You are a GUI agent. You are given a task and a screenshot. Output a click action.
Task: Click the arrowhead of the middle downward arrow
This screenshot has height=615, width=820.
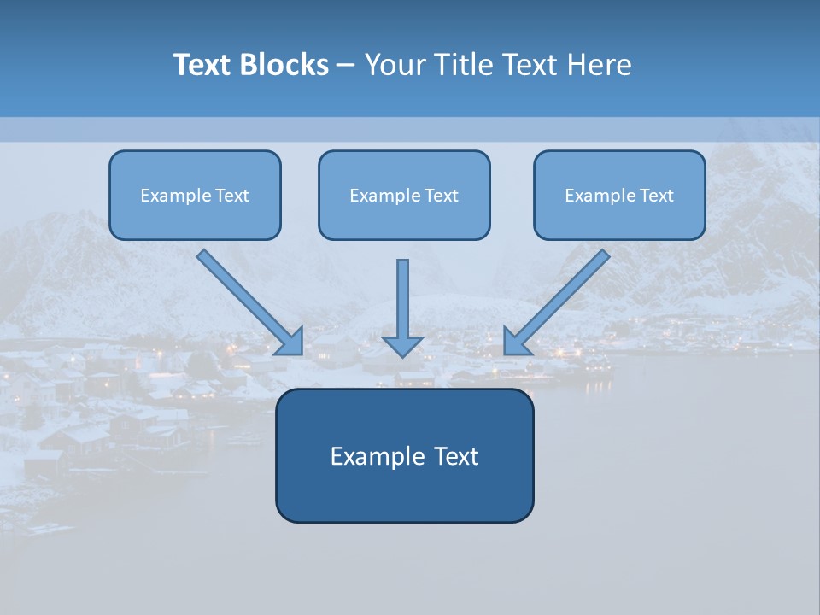402,345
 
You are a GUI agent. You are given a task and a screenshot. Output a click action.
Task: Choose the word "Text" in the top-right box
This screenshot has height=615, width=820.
656,196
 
